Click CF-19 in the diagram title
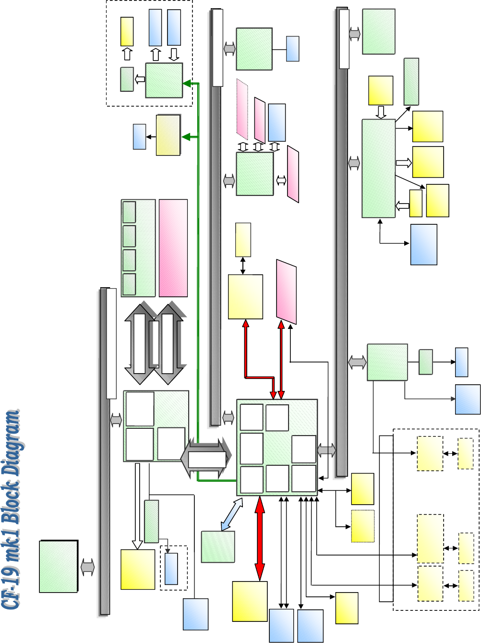click(11, 589)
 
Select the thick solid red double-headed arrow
click(260, 538)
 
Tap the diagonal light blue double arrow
click(232, 514)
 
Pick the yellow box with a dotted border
click(362, 526)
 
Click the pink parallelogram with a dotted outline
click(242, 109)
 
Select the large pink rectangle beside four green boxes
click(173, 248)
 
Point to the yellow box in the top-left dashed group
click(127, 32)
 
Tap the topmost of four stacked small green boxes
click(129, 212)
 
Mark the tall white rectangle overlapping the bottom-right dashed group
click(386, 518)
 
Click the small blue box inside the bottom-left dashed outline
click(171, 569)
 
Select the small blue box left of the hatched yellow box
click(139, 137)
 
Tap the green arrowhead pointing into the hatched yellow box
click(185, 137)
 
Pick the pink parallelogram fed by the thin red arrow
click(286, 291)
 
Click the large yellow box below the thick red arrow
click(250, 601)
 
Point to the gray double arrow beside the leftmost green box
click(88, 567)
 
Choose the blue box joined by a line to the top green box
click(292, 49)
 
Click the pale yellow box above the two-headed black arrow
click(243, 240)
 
